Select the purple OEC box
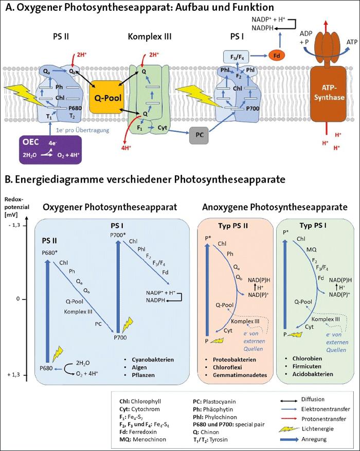pos(44,149)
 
